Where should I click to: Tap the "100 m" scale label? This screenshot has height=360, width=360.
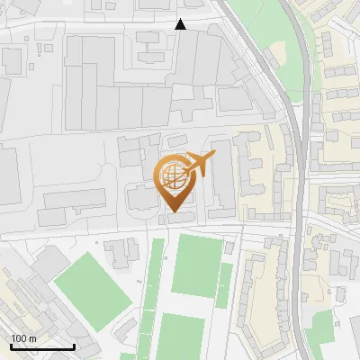click(x=23, y=337)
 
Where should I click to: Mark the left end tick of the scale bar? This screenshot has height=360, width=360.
click(x=11, y=345)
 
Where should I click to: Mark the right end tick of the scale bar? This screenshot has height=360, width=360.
click(x=74, y=345)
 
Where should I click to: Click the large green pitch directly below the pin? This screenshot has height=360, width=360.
click(x=194, y=265)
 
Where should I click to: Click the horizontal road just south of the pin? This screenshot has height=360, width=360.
click(x=135, y=231)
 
